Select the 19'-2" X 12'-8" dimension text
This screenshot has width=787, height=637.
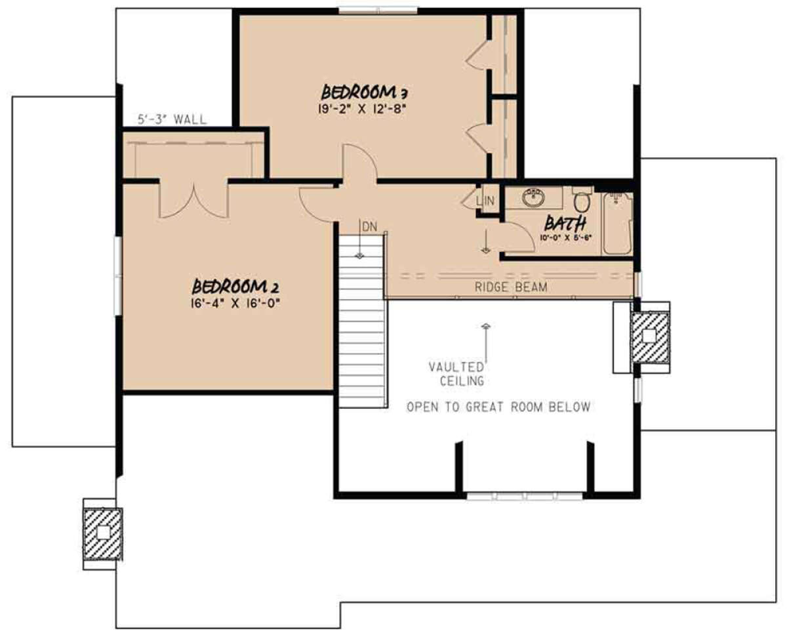click(x=361, y=110)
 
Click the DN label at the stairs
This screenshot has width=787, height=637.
click(x=369, y=226)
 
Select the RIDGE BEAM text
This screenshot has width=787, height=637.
click(x=511, y=287)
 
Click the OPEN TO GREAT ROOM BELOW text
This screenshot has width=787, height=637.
click(x=498, y=407)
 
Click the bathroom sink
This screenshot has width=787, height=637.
click(x=535, y=195)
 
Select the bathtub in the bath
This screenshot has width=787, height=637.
click(x=616, y=223)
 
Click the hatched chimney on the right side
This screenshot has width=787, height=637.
click(x=649, y=336)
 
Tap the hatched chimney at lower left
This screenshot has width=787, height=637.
click(x=103, y=533)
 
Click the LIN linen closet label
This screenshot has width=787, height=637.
click(x=489, y=201)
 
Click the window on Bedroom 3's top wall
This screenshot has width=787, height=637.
click(x=378, y=10)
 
